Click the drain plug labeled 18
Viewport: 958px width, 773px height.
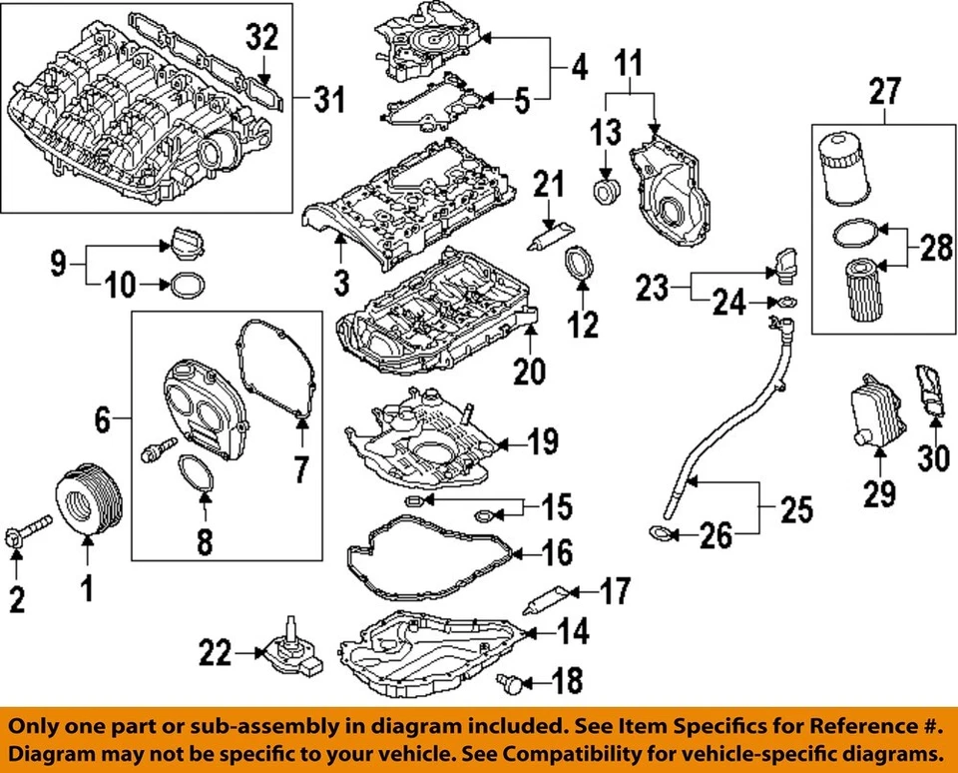pos(510,683)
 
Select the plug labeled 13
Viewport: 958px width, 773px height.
pos(605,190)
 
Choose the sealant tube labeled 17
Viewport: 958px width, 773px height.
pos(547,600)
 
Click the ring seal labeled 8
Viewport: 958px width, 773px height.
pos(198,472)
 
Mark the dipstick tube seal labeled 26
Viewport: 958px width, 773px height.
pos(660,534)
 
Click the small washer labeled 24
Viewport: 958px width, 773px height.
pos(786,303)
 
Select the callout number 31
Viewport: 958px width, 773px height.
pos(328,100)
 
